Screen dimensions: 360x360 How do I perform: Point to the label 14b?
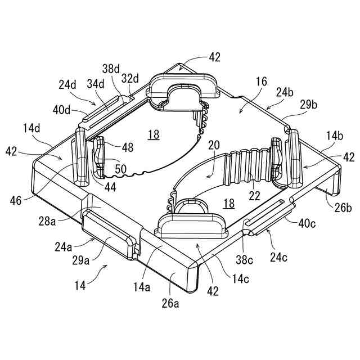pyautogui.click(x=334, y=136)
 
